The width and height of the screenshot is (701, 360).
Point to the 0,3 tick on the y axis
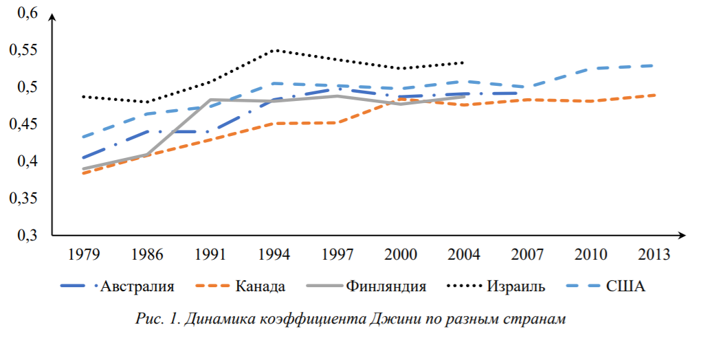(27, 235)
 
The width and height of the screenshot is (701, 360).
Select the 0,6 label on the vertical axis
(27, 12)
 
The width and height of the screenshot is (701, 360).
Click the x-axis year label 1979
(84, 254)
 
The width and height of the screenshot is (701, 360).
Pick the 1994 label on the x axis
(274, 254)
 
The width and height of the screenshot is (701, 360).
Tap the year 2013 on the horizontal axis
(654, 254)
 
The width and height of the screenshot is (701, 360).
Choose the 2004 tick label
(464, 254)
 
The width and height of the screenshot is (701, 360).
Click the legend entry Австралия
(137, 286)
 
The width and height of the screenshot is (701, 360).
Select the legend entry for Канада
(260, 286)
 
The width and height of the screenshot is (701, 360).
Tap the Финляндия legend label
(386, 286)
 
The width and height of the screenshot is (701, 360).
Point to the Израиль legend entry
(516, 286)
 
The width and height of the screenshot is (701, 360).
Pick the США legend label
(625, 286)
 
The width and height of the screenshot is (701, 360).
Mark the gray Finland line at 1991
(210, 100)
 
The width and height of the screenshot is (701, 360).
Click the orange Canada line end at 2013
(654, 95)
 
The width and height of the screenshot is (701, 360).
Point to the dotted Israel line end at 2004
(463, 63)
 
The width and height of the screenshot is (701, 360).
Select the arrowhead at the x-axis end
(682, 235)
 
